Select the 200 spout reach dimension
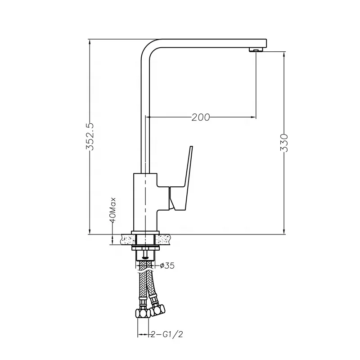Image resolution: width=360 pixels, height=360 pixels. [201, 117]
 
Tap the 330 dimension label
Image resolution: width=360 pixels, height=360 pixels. [284, 143]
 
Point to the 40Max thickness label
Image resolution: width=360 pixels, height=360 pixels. [112, 210]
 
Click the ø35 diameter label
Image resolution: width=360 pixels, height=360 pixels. [167, 265]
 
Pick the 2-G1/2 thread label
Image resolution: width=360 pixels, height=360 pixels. [167, 334]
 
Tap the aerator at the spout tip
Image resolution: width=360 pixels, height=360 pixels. [256, 49]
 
